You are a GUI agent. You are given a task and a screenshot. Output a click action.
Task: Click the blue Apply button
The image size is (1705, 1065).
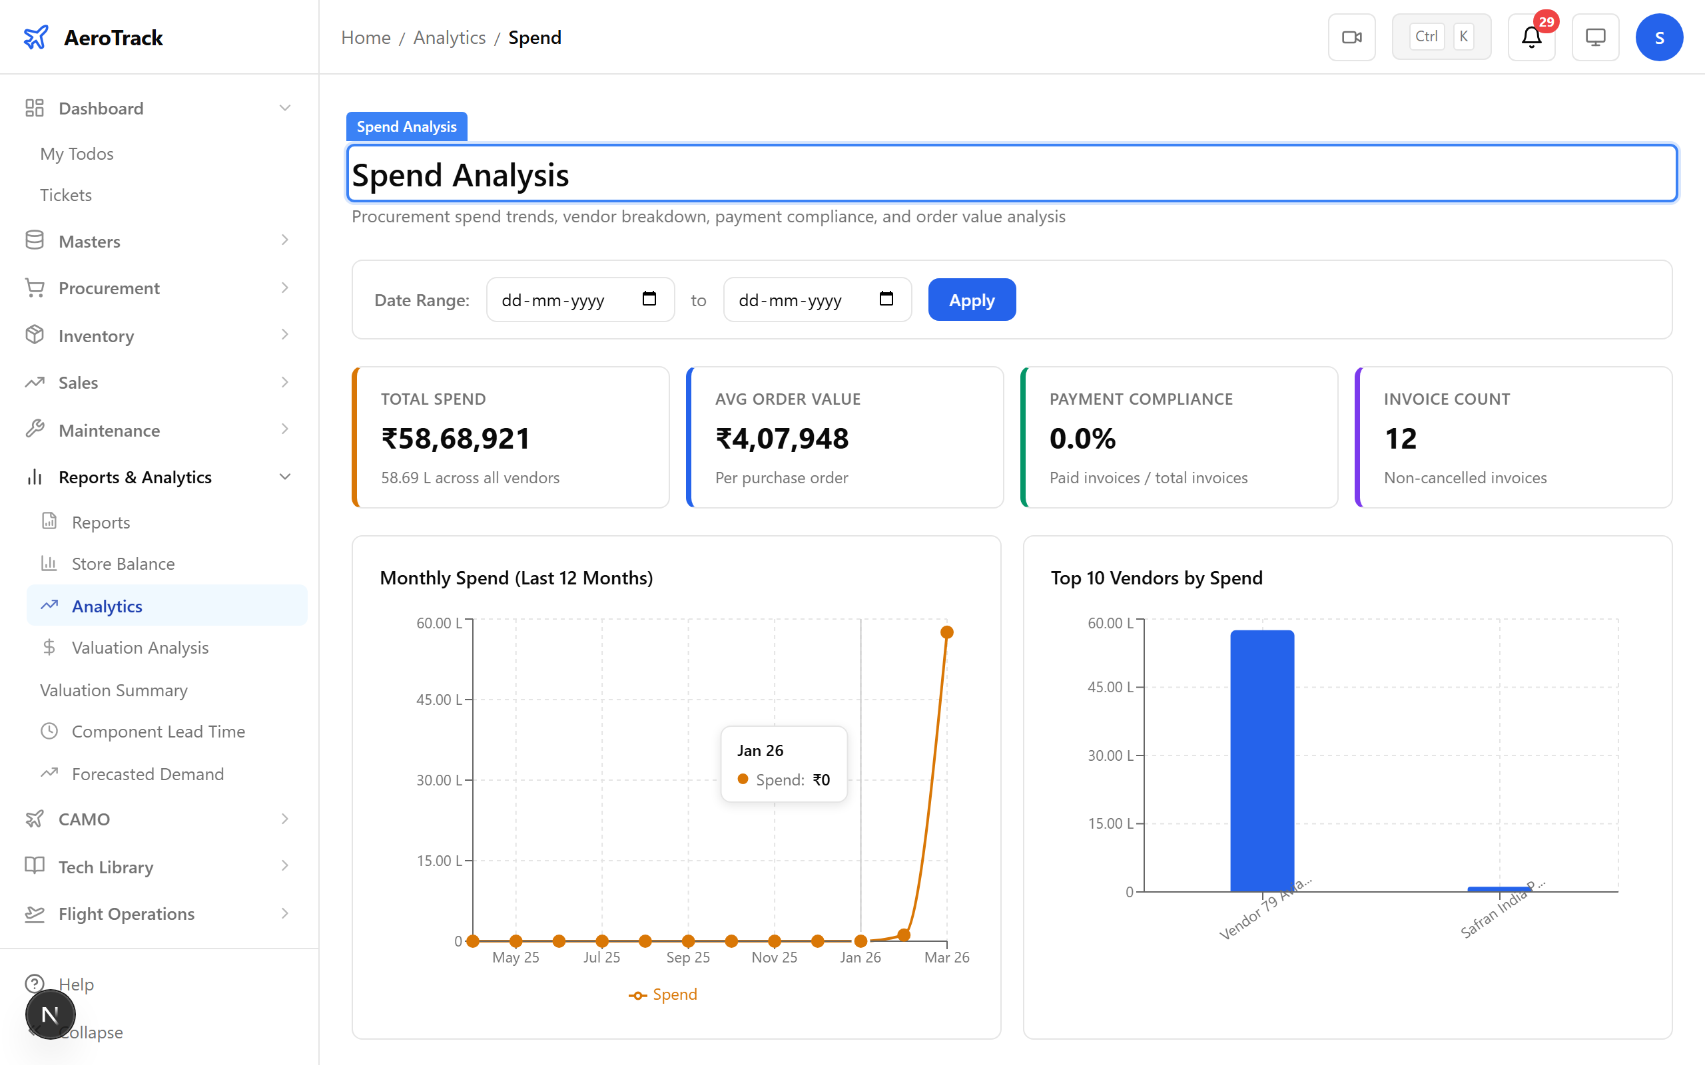point(971,300)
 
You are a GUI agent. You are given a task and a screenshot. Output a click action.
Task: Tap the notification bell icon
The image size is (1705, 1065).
point(1531,37)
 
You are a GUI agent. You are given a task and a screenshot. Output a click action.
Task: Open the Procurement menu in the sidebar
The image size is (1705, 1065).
point(109,288)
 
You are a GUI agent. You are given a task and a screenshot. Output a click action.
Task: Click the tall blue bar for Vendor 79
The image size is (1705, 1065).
point(1261,761)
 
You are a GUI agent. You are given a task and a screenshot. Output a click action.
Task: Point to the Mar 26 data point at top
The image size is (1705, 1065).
point(947,632)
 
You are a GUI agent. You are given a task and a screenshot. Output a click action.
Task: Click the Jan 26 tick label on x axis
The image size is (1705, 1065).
point(860,957)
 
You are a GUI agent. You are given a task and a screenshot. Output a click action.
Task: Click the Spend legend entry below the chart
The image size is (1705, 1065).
point(663,994)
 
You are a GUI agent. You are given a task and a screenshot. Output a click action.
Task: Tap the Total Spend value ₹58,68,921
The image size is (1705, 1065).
point(455,439)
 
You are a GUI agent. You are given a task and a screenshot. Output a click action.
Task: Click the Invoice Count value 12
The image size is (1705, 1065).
point(1400,439)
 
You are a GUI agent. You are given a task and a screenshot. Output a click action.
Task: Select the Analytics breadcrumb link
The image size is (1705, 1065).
point(449,37)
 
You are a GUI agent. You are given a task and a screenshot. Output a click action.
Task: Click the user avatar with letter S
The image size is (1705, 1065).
point(1658,37)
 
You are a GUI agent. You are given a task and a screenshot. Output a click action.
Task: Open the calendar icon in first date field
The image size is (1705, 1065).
point(649,300)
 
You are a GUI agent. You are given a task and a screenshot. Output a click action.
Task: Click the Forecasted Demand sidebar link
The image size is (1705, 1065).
point(147,774)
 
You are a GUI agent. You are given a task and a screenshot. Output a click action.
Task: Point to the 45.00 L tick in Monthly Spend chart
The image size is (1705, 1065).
point(439,700)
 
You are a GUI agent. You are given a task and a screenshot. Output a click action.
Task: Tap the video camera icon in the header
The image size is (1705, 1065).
point(1351,37)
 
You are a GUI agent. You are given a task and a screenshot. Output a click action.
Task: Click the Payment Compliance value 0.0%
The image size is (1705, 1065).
point(1082,439)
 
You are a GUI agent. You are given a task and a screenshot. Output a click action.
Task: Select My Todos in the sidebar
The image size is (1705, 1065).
point(77,154)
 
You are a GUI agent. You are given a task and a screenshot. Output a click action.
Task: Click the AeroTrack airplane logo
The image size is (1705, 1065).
point(36,37)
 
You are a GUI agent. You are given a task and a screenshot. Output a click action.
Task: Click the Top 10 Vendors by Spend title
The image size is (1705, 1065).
point(1156,578)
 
